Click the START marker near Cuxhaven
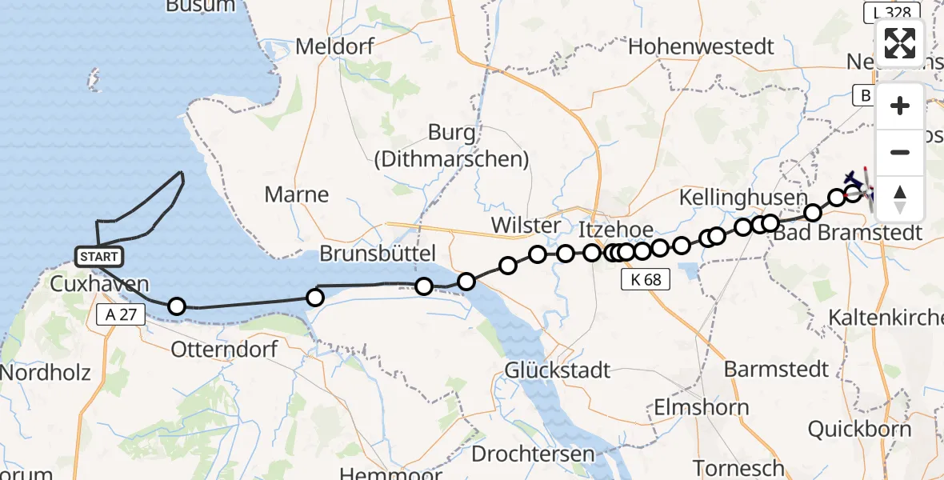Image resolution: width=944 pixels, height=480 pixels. click(99, 257)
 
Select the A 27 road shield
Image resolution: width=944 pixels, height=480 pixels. click(122, 314)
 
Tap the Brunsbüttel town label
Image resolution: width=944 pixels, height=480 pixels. click(377, 254)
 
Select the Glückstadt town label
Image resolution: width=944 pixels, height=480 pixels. click(558, 370)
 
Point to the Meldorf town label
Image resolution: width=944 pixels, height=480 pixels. click(334, 46)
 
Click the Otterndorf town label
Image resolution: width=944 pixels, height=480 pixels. click(225, 350)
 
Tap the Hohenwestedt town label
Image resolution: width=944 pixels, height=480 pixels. click(701, 46)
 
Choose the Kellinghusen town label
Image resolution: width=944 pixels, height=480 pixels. click(742, 197)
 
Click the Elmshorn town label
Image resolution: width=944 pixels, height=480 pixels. click(702, 407)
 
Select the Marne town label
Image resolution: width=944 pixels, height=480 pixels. click(297, 194)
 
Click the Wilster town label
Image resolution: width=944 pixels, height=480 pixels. click(526, 226)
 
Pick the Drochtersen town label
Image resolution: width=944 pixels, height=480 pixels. click(533, 454)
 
